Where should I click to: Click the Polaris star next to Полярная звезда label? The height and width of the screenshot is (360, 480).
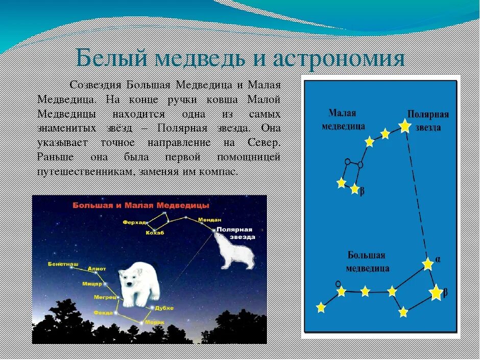405,125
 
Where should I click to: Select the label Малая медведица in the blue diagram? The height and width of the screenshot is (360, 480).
343,119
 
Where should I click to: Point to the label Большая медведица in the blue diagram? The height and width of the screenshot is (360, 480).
367,261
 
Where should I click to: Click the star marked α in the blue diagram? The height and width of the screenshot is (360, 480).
428,264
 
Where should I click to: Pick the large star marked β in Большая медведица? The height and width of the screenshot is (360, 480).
436,293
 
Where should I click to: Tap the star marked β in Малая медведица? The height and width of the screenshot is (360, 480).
354,189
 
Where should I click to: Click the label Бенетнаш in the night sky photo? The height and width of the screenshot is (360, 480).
63,264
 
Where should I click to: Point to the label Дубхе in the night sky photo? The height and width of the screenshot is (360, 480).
165,308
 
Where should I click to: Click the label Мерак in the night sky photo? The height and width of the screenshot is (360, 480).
155,322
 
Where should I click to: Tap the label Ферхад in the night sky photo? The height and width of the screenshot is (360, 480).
134,223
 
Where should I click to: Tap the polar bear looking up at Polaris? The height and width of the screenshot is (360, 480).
235,250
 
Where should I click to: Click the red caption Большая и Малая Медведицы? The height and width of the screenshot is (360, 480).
140,205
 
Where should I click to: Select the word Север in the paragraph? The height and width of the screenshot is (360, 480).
263,141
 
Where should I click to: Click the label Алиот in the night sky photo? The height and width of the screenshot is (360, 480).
97,269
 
